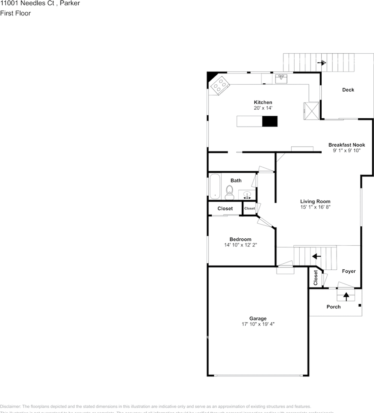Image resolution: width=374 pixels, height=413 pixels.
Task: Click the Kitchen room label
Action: click(263, 102)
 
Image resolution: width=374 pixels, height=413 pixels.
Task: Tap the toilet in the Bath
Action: click(229, 192)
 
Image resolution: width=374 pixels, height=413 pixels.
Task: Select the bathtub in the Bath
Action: click(215, 187)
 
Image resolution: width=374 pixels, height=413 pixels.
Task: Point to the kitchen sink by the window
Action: click(281, 79)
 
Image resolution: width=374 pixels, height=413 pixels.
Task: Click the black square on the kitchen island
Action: click(270, 121)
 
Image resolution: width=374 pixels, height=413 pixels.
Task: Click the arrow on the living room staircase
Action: click(316, 256)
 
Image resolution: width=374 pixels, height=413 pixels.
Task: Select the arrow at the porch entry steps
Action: click(346, 296)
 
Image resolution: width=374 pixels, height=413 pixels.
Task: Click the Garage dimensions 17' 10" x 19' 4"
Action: click(258, 324)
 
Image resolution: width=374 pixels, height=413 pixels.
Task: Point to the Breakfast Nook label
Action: click(347, 145)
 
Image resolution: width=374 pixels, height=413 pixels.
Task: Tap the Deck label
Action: click(348, 90)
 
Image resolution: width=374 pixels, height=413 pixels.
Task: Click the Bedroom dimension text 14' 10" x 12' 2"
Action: click(240, 245)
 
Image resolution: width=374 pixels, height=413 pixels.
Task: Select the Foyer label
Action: click(349, 271)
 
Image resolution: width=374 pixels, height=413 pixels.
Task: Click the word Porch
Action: click(334, 307)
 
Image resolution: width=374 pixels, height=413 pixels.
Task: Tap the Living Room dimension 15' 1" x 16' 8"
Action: click(315, 207)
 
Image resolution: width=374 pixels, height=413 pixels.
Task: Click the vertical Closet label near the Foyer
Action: click(316, 278)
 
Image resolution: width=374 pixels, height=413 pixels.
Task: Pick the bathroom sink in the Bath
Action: click(247, 195)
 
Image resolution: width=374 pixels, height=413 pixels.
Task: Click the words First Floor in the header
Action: click(15, 13)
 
